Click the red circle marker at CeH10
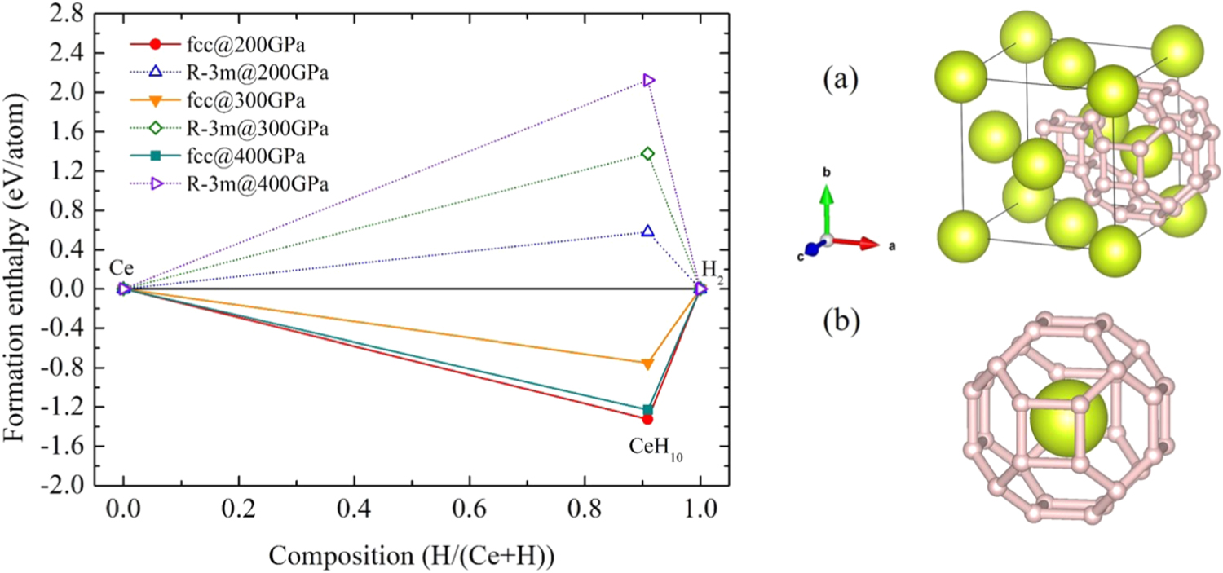point(648,419)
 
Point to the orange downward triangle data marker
point(648,364)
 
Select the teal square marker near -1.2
point(648,409)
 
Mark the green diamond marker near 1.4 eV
point(648,153)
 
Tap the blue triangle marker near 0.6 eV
point(648,231)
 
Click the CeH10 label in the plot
point(656,447)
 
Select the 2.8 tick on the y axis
point(71,15)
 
